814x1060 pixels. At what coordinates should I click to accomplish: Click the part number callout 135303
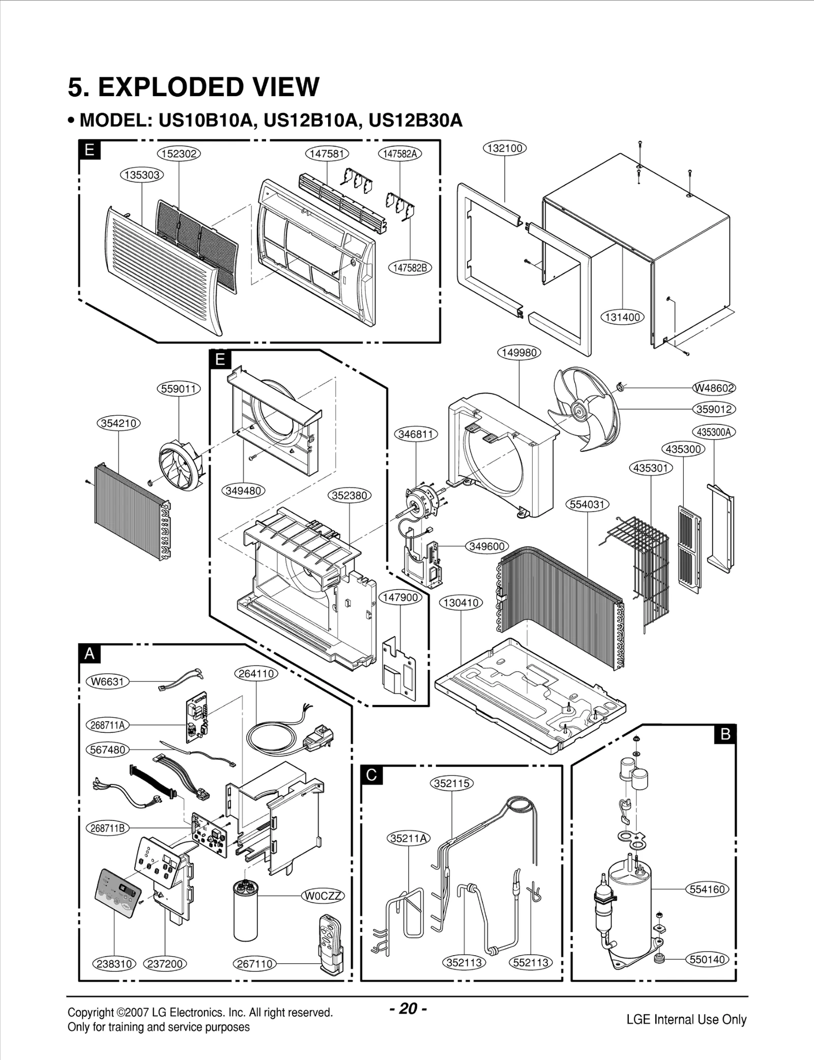pyautogui.click(x=142, y=175)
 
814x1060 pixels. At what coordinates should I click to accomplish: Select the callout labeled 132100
pyautogui.click(x=504, y=148)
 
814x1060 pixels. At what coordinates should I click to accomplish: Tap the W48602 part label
pyautogui.click(x=714, y=388)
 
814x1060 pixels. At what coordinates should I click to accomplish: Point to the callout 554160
pyautogui.click(x=708, y=890)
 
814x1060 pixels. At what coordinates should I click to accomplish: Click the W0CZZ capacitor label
pyautogui.click(x=324, y=896)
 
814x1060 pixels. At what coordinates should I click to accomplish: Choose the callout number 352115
pyautogui.click(x=452, y=783)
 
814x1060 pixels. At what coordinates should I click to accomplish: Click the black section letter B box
pyautogui.click(x=725, y=734)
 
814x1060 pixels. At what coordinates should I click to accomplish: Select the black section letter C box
pyautogui.click(x=372, y=775)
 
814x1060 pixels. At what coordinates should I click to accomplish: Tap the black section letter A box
pyautogui.click(x=90, y=654)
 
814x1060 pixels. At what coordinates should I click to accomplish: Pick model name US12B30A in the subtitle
pyautogui.click(x=415, y=121)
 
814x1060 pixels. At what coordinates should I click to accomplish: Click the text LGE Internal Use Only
pyautogui.click(x=686, y=1019)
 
